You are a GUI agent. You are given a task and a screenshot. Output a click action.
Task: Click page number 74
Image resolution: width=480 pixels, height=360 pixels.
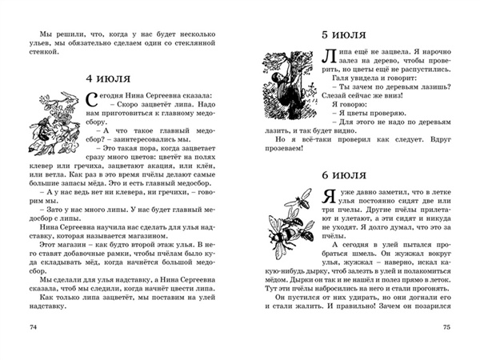pyautogui.click(x=33, y=328)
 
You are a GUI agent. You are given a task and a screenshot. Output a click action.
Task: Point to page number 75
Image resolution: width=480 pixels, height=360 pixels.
pyautogui.click(x=446, y=328)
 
